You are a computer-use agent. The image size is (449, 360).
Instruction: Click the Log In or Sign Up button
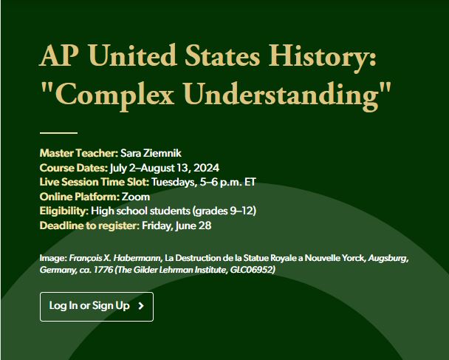point(97,306)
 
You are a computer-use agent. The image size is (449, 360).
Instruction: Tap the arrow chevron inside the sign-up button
point(141,306)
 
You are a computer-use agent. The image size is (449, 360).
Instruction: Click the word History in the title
point(322,56)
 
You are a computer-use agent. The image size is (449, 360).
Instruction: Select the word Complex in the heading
point(114,94)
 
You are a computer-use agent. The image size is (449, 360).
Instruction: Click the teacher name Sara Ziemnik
point(151,153)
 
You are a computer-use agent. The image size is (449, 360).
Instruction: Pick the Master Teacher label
point(79,153)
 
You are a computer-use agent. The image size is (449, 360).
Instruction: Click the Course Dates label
point(74,168)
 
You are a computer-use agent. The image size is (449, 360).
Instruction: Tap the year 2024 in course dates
point(207,168)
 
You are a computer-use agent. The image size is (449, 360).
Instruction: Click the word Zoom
point(136,197)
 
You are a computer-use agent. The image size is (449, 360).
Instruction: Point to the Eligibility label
point(64,211)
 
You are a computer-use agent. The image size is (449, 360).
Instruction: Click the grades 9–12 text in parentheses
point(224,211)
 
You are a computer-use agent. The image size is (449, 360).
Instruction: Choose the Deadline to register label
point(89,225)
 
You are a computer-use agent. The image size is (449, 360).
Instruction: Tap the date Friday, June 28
point(176,225)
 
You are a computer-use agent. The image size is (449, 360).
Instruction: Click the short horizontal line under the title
point(58,133)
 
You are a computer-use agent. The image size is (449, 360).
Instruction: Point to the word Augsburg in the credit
point(388,258)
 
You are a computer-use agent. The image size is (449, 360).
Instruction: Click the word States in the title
point(222,56)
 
